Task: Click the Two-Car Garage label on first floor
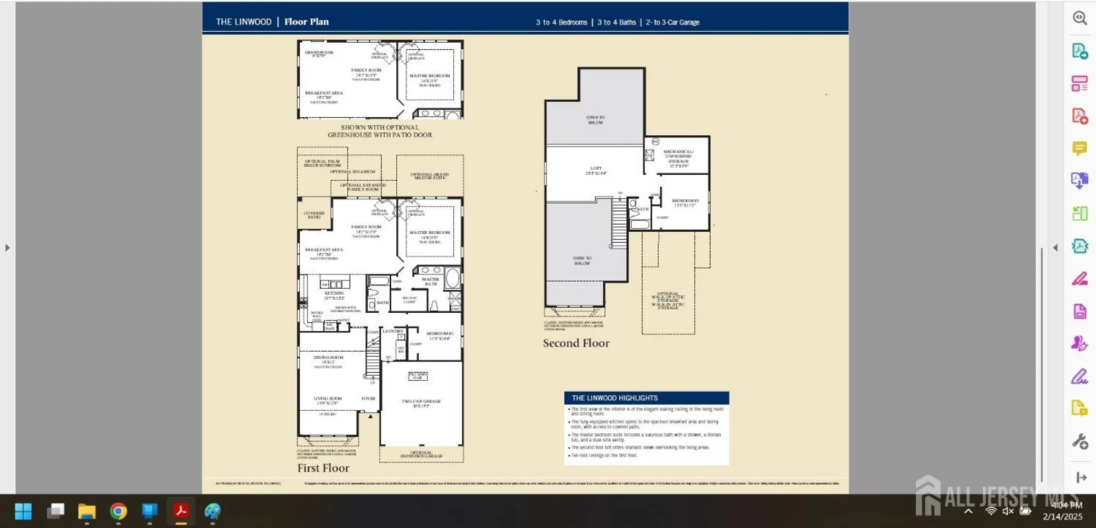[421, 402]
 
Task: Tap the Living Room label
[328, 399]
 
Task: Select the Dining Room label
[328, 358]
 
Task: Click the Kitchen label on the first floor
[334, 294]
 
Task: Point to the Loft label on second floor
[596, 169]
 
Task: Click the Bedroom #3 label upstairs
[685, 202]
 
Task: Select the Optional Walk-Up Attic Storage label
[668, 301]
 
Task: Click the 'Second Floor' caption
[576, 343]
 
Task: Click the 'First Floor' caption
[323, 468]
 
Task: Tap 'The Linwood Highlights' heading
[614, 398]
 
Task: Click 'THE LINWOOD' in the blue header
[243, 22]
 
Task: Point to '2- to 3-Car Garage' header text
[672, 22]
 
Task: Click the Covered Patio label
[314, 214]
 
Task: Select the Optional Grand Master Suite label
[430, 175]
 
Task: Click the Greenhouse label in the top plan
[319, 53]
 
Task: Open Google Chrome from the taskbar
[118, 512]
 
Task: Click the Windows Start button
[23, 512]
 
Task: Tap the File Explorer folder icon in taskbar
[87, 512]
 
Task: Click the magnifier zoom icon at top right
[1080, 18]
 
